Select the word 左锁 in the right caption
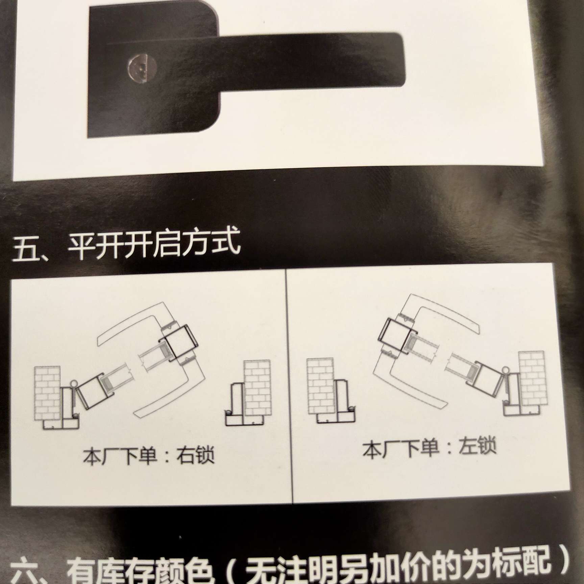pos(477,446)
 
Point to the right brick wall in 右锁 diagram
pos(257,389)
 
